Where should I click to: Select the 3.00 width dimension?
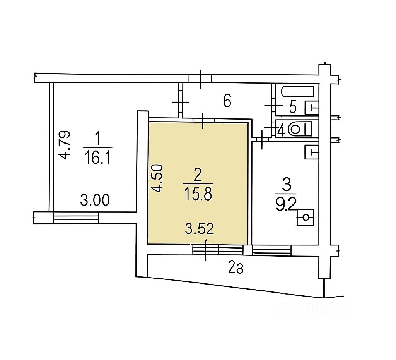tap(95, 200)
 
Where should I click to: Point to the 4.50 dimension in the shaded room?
tap(156, 178)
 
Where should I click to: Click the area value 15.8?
tap(198, 194)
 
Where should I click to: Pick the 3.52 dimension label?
tap(200, 229)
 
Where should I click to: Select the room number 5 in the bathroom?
tap(293, 107)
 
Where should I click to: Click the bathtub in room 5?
tap(298, 91)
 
